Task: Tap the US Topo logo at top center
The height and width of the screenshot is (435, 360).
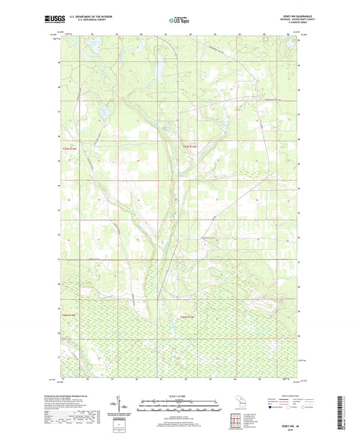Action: (179, 21)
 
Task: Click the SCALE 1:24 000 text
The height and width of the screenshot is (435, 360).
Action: (179, 396)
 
